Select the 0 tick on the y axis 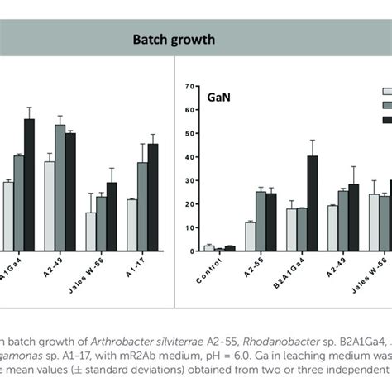point(189,251)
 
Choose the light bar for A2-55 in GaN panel point(250,236)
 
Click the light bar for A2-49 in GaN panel point(332,227)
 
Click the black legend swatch point(386,120)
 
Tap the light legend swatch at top point(386,92)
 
